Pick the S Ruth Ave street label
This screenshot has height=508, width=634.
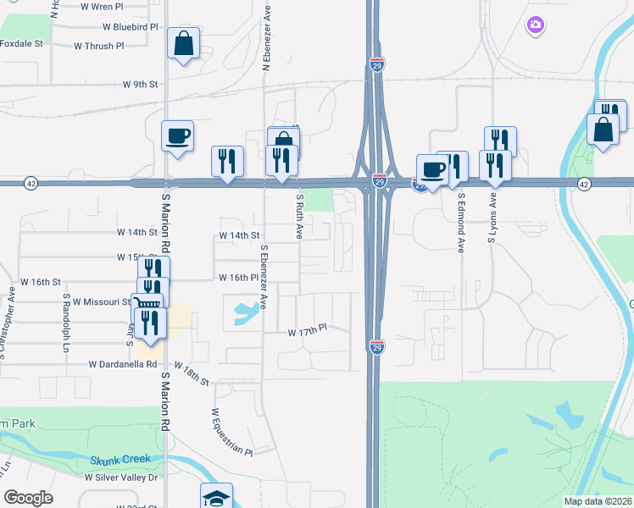click(299, 216)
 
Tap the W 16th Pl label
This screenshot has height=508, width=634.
click(237, 278)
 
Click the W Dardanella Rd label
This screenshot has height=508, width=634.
click(124, 364)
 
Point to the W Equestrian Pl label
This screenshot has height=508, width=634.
click(231, 432)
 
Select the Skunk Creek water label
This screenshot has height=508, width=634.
click(120, 459)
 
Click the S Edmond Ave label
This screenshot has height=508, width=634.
click(461, 222)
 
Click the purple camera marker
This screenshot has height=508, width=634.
click(535, 25)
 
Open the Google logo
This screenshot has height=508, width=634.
click(28, 498)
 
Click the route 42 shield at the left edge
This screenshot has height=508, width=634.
click(31, 183)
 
